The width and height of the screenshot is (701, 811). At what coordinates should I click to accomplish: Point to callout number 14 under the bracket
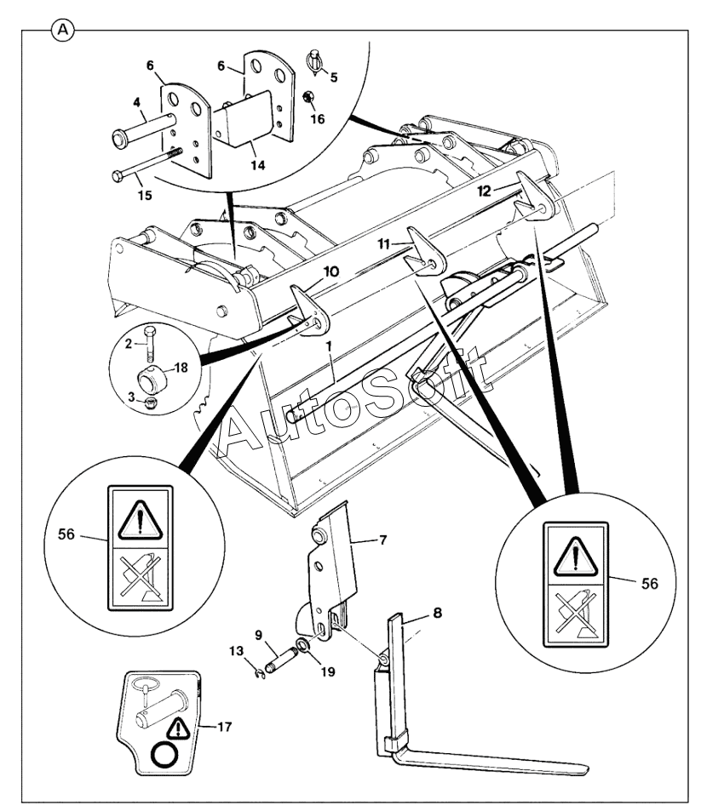tap(257, 165)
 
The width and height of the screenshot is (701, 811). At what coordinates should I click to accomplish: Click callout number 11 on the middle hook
tap(384, 244)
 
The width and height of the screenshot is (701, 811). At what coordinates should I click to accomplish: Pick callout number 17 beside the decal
tap(225, 727)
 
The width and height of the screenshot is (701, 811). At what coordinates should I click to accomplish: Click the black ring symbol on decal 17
tap(164, 756)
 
